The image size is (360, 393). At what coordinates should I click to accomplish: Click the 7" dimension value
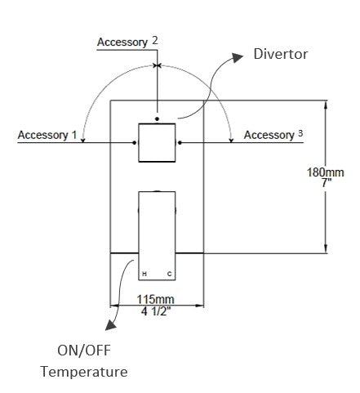[327, 183]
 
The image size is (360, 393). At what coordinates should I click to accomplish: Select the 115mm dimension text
[158, 300]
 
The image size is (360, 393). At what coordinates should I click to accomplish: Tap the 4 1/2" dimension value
[158, 311]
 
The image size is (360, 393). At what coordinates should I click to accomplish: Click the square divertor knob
[156, 142]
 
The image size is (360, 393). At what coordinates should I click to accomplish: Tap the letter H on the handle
[144, 273]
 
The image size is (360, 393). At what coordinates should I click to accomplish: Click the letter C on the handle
[170, 273]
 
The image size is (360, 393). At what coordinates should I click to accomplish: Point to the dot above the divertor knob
[157, 108]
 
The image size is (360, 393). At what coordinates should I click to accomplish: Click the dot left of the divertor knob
[134, 141]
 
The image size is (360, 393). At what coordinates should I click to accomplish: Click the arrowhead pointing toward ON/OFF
[113, 325]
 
